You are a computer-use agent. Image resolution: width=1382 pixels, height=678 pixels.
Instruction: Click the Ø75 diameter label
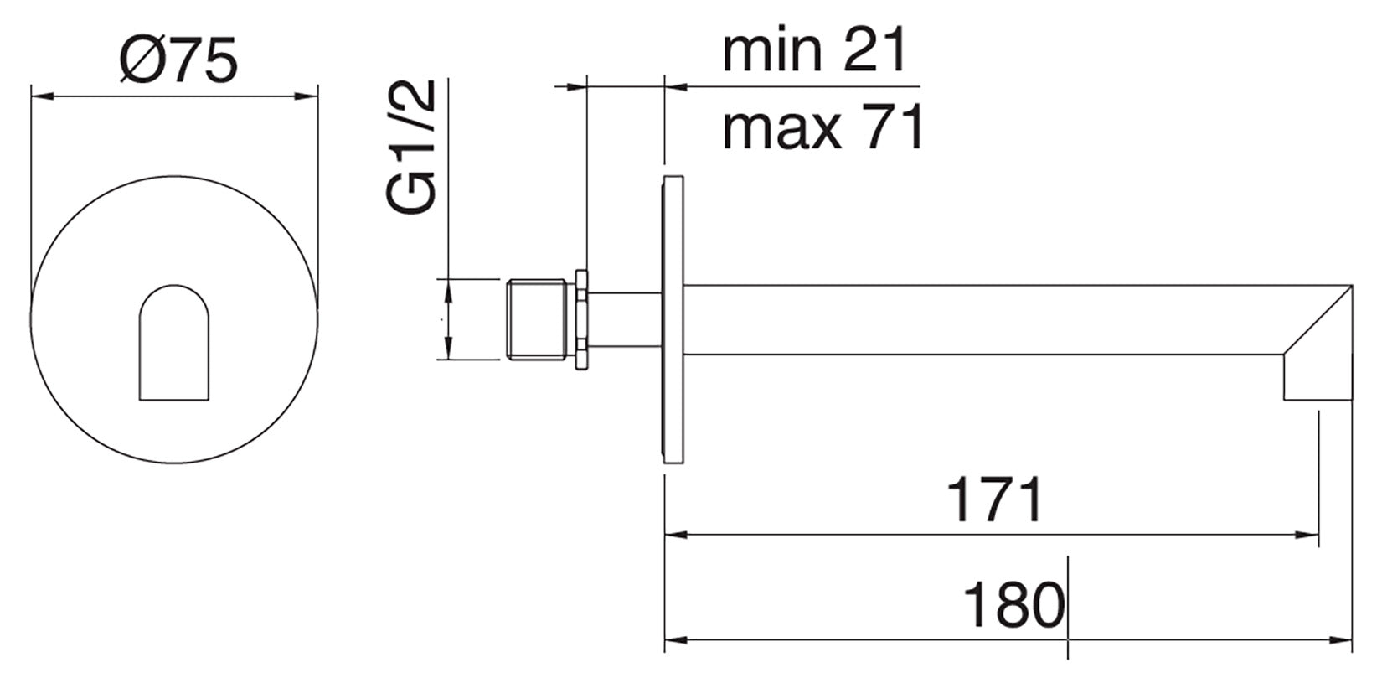coord(178,60)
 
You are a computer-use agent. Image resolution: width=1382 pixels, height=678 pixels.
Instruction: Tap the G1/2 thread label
coord(411,147)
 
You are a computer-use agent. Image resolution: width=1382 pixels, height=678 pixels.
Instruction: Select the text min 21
coord(814,49)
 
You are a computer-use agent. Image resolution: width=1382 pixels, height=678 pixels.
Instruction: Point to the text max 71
coord(823,127)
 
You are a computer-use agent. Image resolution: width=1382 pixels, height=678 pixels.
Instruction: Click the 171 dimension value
coord(994,499)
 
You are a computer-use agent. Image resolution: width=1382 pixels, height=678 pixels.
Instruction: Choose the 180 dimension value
coord(1013,605)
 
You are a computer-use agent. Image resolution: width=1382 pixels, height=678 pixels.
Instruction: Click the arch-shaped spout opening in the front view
coord(174,343)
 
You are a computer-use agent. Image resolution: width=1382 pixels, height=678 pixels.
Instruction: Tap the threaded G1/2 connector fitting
coord(537,319)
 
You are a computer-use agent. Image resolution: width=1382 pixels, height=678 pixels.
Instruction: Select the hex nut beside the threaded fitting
coord(581,319)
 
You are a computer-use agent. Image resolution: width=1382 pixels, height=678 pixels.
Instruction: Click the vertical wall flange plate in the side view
coord(673,319)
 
